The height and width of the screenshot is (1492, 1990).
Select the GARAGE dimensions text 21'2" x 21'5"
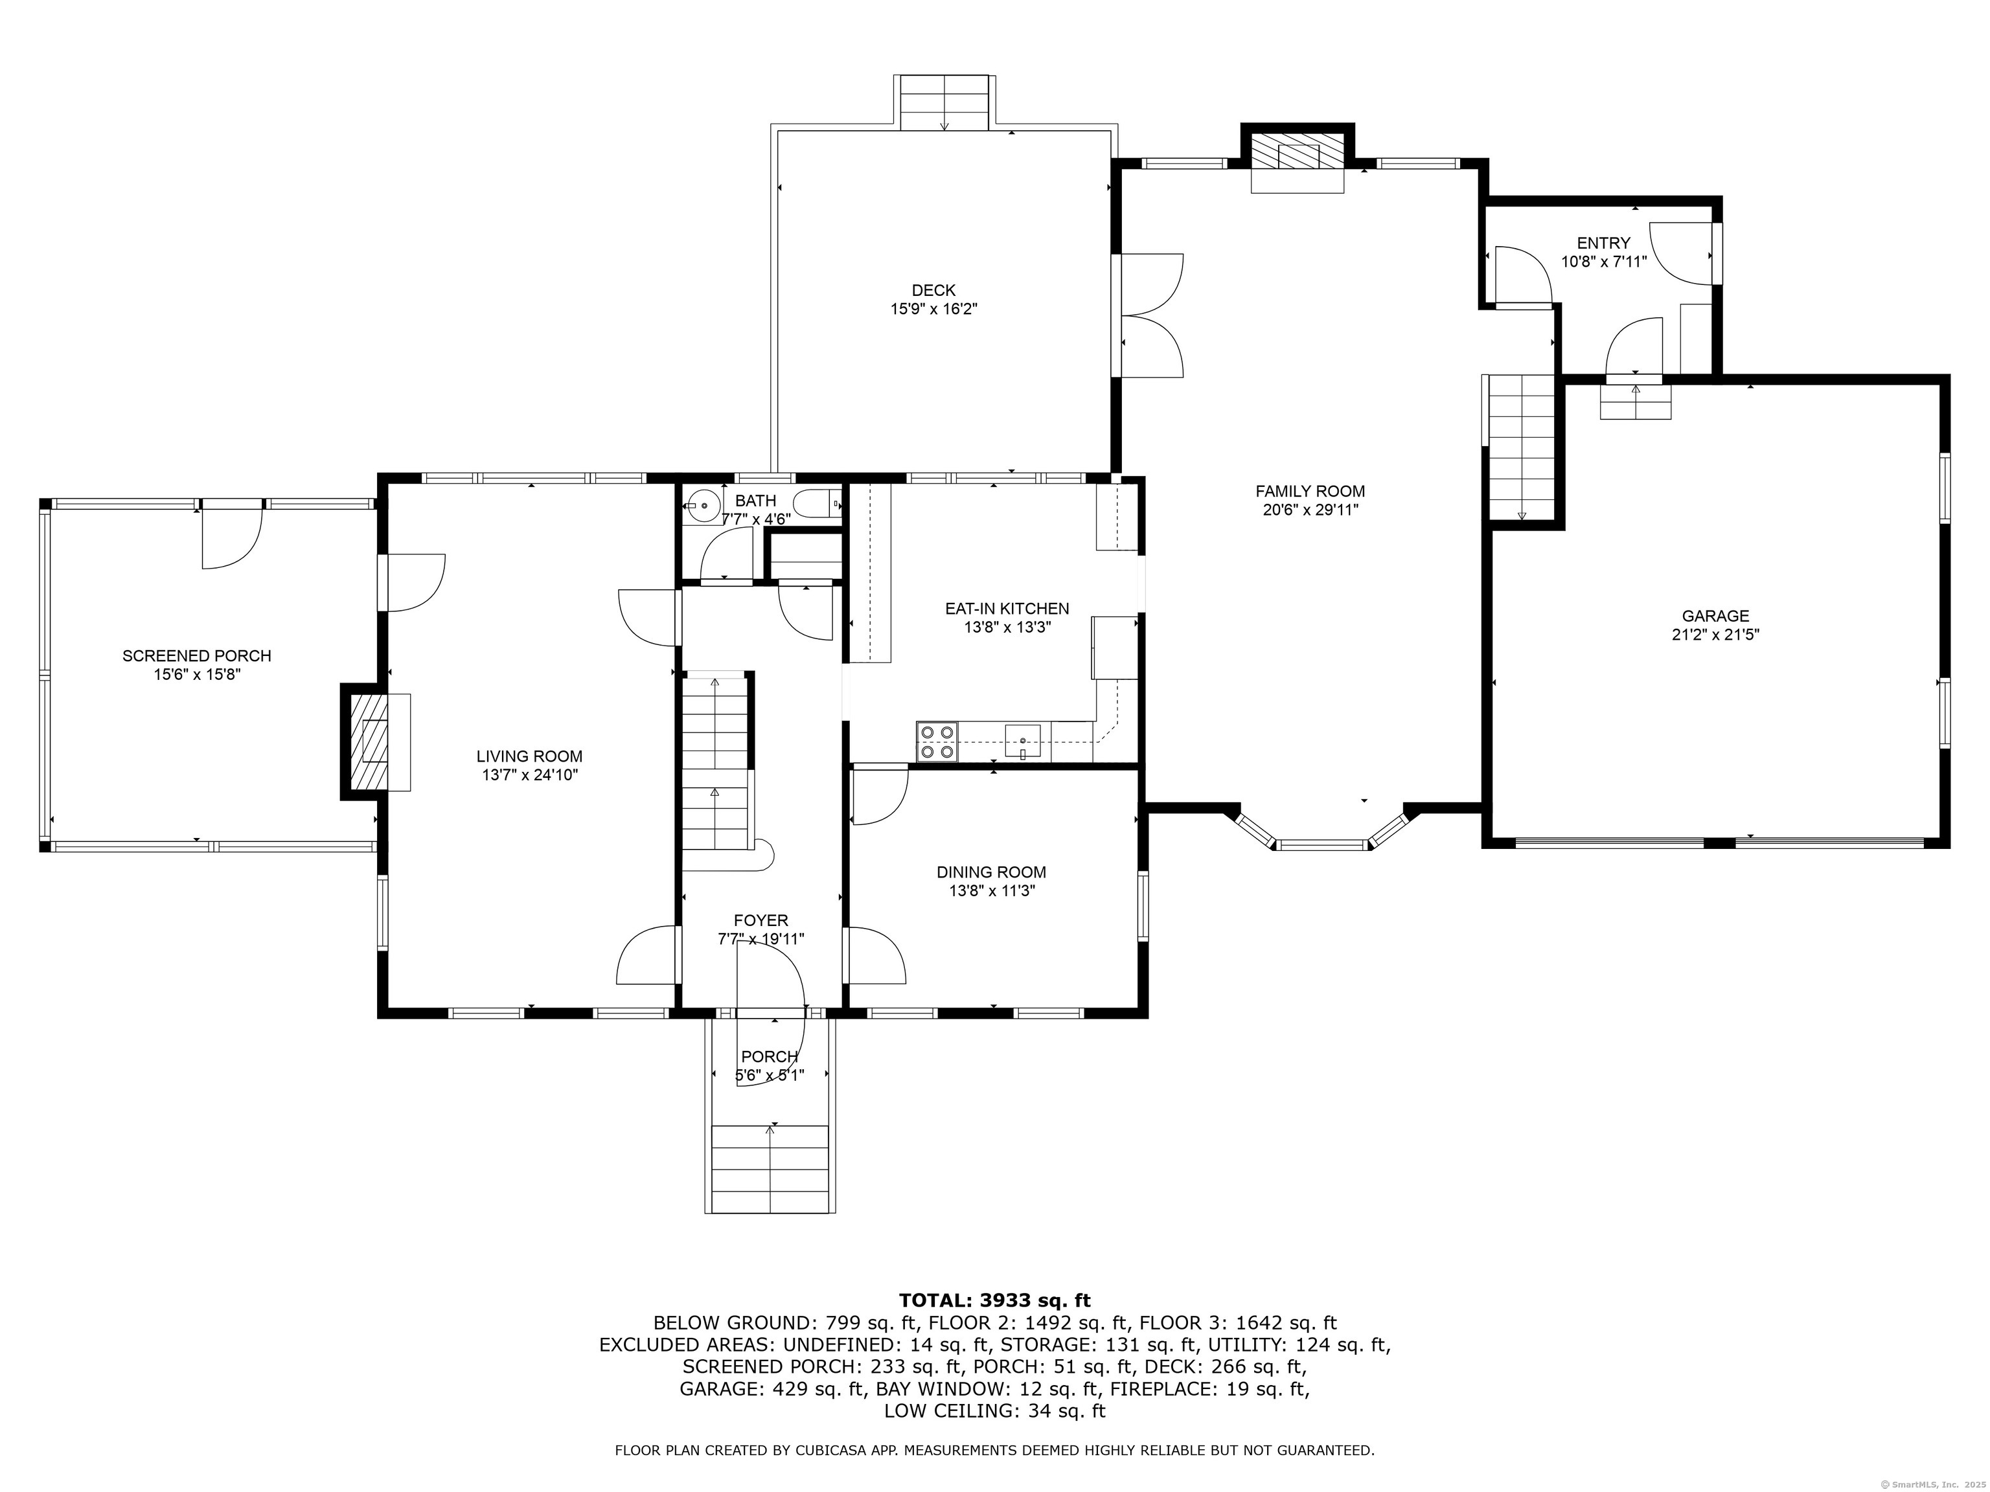tap(1715, 634)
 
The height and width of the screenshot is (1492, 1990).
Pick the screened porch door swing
tap(231, 537)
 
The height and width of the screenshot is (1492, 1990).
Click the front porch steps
tap(770, 1169)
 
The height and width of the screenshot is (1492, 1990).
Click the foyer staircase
tap(716, 764)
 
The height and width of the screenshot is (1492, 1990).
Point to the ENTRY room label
tap(1603, 243)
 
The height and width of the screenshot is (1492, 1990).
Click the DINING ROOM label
tap(991, 872)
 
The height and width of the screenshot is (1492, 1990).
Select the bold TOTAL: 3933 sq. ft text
tap(994, 1300)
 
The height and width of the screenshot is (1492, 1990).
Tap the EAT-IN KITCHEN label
tap(1007, 609)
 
